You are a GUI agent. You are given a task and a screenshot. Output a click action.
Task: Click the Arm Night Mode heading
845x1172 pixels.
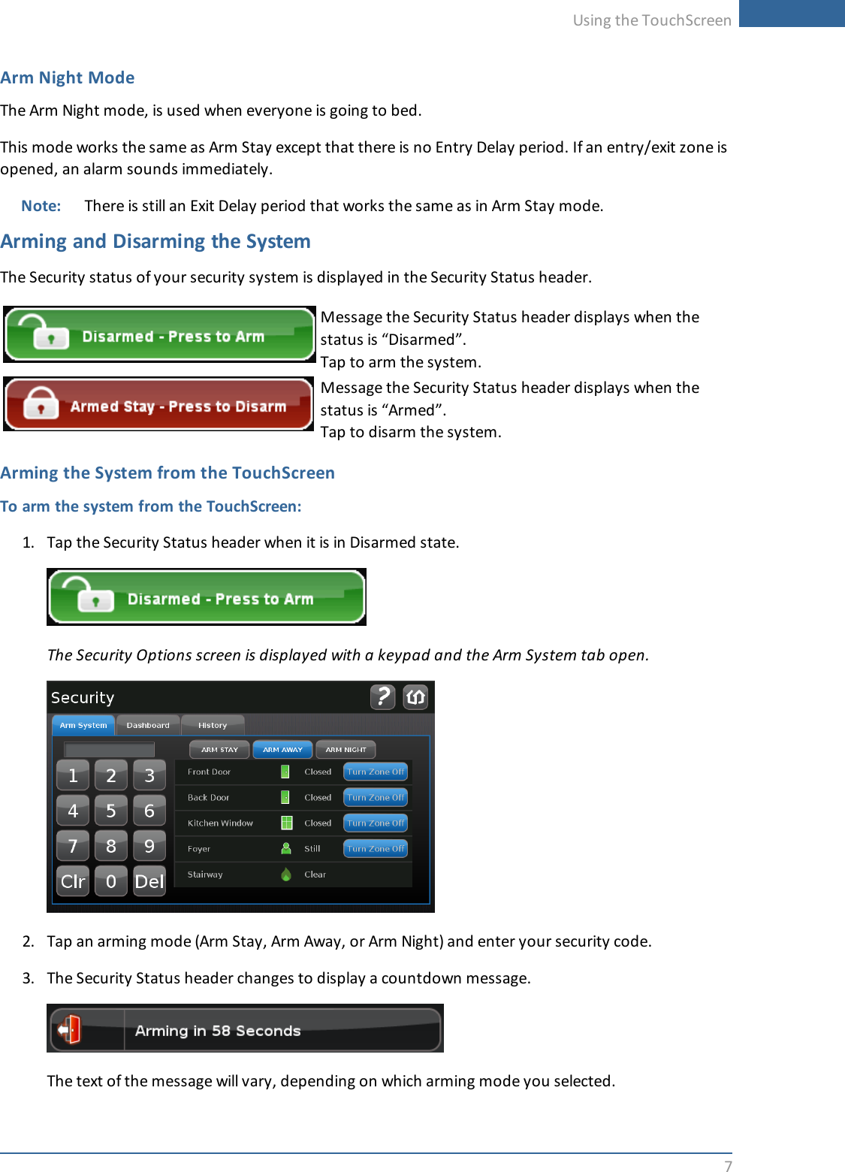pos(68,78)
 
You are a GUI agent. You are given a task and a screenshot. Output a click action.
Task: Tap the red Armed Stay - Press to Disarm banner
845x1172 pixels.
pos(158,404)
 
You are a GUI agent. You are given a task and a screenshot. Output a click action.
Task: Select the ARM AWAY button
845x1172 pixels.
pos(282,749)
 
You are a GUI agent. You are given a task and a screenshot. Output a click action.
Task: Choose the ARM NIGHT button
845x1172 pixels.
pos(346,749)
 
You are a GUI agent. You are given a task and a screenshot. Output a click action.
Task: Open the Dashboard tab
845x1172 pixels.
pos(148,725)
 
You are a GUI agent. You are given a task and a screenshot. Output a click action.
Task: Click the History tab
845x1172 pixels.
pos(213,725)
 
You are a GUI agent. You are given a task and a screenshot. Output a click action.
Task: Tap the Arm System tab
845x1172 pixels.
pos(83,725)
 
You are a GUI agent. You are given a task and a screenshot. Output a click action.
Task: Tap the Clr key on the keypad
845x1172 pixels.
pos(73,881)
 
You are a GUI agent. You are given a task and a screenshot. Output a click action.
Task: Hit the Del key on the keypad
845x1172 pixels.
pos(149,881)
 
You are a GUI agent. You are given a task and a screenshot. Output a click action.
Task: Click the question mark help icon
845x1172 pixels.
pos(382,697)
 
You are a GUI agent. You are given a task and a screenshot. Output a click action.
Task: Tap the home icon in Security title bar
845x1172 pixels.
pos(415,697)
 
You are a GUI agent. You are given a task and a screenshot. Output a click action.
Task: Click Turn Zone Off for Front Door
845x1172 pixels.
pos(376,772)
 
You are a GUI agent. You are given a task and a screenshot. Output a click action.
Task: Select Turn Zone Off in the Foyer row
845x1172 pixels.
pos(376,848)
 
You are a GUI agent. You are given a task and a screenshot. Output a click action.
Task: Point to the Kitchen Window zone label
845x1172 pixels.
pos(220,823)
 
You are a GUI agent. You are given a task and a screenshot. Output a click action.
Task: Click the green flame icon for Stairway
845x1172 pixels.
pos(286,874)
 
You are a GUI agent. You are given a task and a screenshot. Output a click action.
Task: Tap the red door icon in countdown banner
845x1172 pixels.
pos(70,1029)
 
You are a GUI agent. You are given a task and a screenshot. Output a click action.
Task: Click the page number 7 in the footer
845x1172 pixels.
pos(727,1165)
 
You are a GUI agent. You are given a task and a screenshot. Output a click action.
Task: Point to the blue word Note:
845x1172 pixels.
pos(41,206)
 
